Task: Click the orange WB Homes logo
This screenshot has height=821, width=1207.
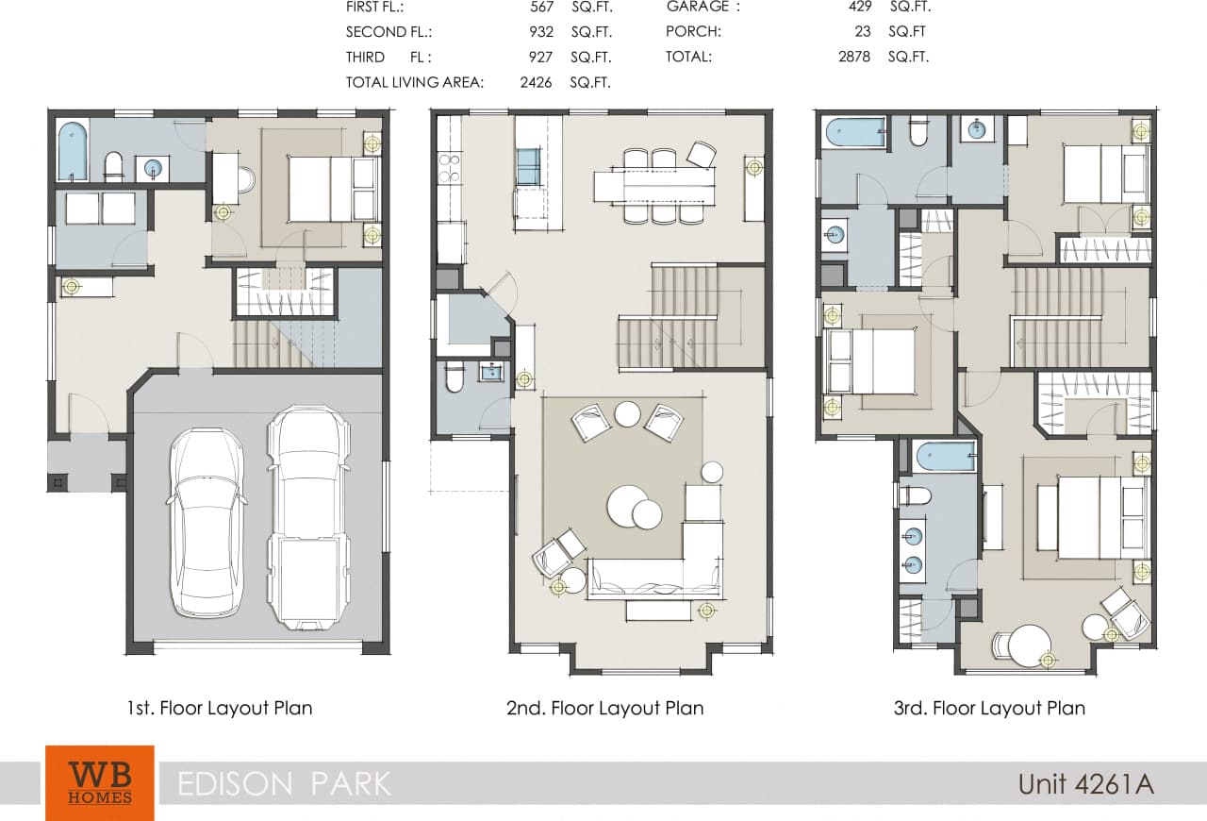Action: coord(99,782)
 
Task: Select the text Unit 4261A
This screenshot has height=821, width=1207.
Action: coord(1085,783)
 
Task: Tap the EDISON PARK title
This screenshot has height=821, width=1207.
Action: coord(284,783)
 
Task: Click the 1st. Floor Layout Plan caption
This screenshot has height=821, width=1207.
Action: coord(220,708)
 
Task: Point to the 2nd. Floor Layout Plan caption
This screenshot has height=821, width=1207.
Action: coord(604,708)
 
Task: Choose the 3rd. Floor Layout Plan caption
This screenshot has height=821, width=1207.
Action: coord(989,708)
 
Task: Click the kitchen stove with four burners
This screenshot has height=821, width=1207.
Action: coord(450,167)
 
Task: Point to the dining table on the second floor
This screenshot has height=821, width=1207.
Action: coord(653,185)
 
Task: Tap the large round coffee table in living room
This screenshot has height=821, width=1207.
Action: coord(627,506)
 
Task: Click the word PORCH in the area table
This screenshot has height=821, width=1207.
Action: coord(693,31)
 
